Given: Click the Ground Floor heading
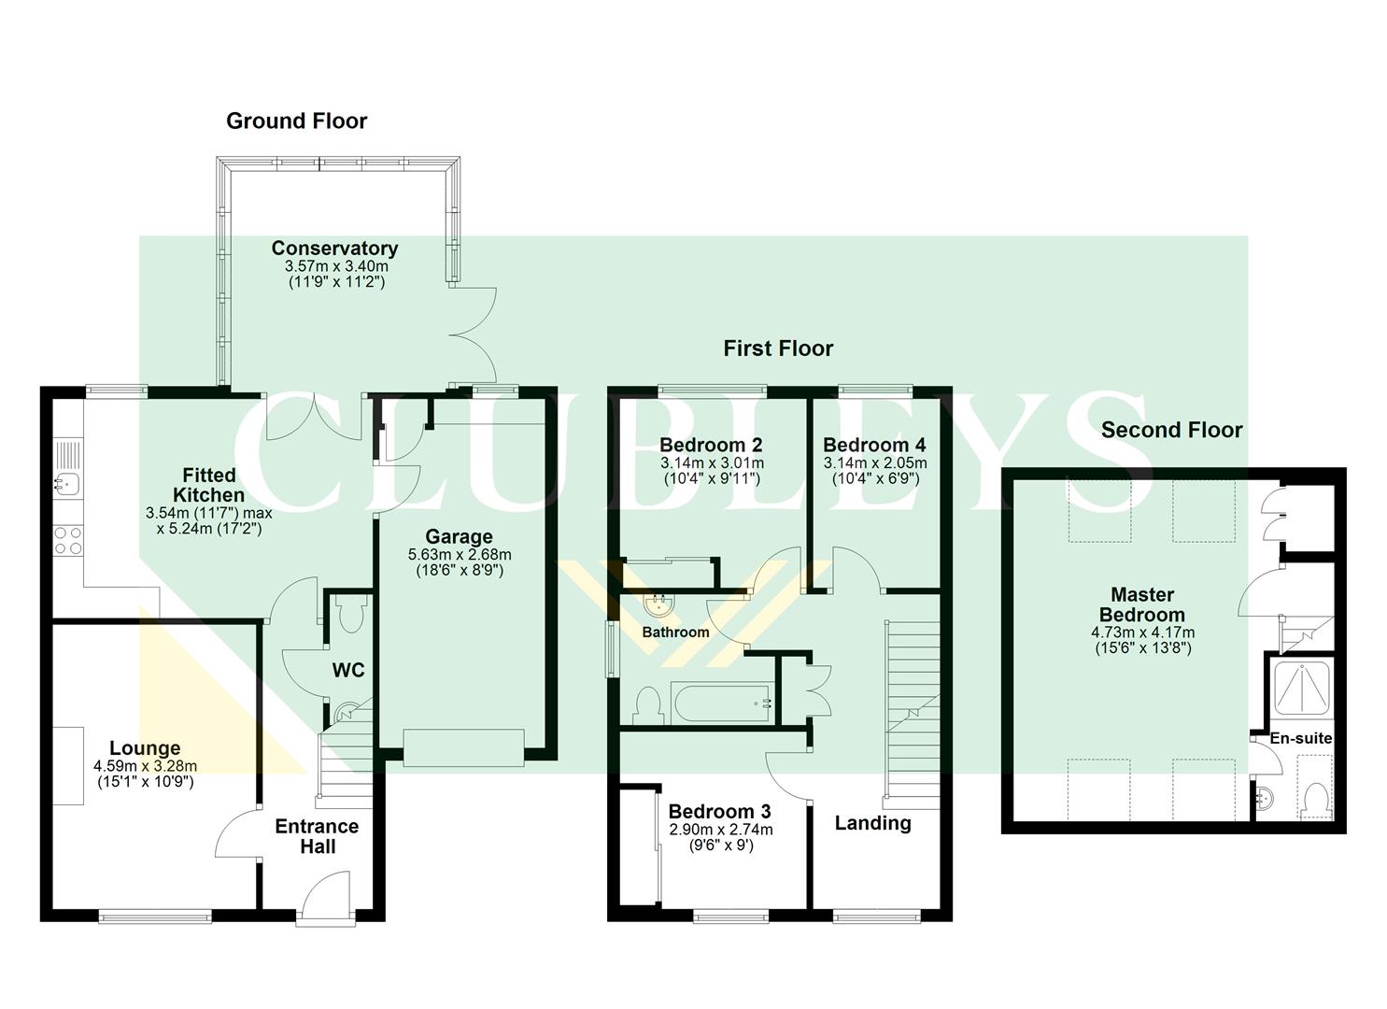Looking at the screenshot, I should pyautogui.click(x=296, y=121).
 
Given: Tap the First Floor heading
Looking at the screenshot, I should pyautogui.click(x=777, y=348).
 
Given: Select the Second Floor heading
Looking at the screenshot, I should pyautogui.click(x=1171, y=430).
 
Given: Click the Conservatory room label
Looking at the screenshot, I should pyautogui.click(x=334, y=249).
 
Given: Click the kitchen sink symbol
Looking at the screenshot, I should pyautogui.click(x=67, y=483).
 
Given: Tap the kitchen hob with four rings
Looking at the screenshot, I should pyautogui.click(x=68, y=540).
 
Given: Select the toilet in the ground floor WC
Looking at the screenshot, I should pyautogui.click(x=352, y=616).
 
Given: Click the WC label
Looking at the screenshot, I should pyautogui.click(x=348, y=671).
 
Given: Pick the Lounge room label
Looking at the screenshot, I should pyautogui.click(x=145, y=748).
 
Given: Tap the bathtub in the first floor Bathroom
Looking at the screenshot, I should pyautogui.click(x=720, y=703).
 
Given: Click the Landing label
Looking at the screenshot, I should pyautogui.click(x=872, y=823).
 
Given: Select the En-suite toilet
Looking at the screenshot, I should pyautogui.click(x=1316, y=799).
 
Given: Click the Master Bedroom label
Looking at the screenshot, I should pyautogui.click(x=1141, y=604).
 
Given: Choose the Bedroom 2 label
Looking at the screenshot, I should pyautogui.click(x=711, y=445).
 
